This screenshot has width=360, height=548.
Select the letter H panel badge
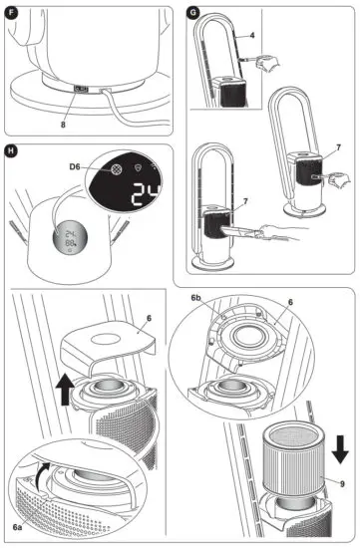(x=12, y=153)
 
